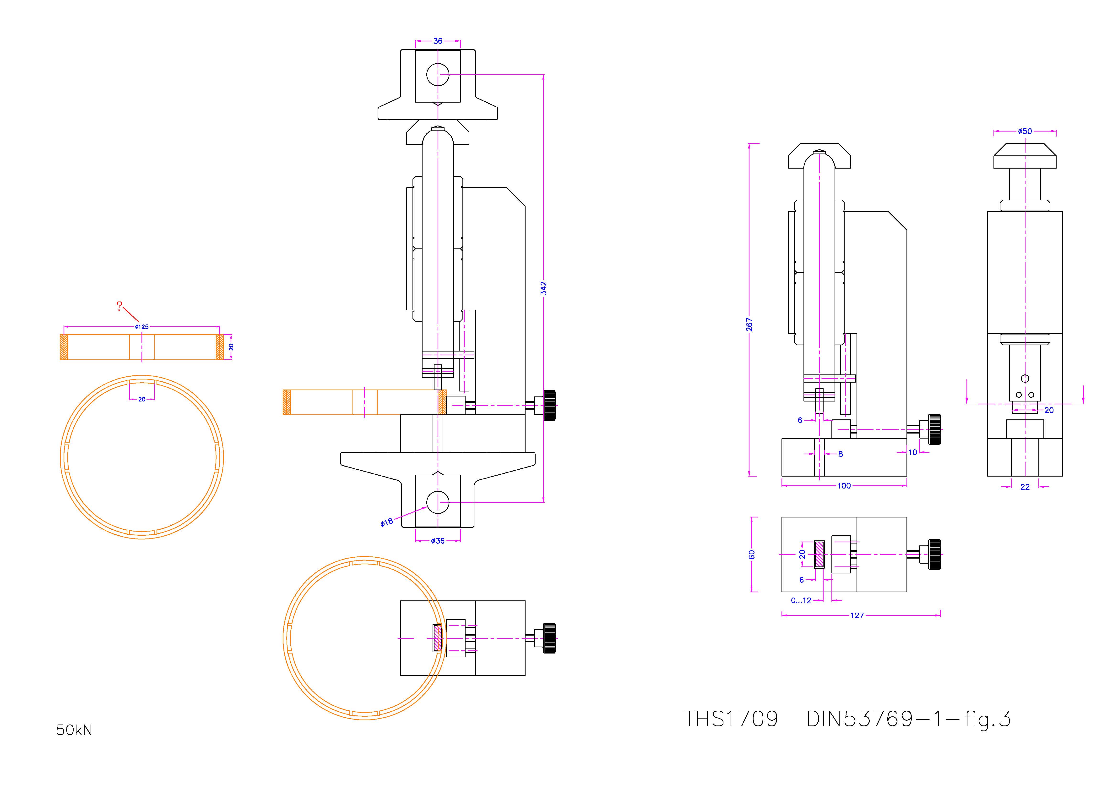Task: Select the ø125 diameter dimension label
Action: tap(142, 327)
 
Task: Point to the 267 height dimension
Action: tap(749, 324)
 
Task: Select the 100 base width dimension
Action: tap(844, 486)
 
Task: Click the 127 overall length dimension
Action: tap(857, 615)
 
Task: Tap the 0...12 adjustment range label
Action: tap(801, 601)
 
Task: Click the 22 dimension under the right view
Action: tap(1025, 487)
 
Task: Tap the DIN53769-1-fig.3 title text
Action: tap(909, 719)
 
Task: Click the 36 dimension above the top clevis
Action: tap(438, 41)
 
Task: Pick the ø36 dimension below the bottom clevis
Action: tap(438, 541)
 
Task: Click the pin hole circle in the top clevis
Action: tap(438, 75)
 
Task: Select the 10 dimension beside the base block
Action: tap(912, 452)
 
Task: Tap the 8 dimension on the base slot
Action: tap(841, 454)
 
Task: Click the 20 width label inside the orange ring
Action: tap(142, 399)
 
